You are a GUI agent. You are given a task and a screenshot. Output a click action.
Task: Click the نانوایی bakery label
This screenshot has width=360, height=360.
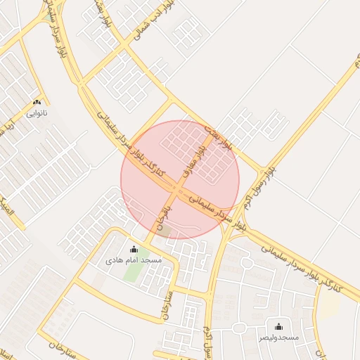pos(37,112)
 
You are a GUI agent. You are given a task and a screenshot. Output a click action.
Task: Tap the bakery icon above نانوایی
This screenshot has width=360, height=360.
pos(37,102)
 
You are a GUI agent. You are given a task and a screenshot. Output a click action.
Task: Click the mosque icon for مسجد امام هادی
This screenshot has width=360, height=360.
pos(134,249)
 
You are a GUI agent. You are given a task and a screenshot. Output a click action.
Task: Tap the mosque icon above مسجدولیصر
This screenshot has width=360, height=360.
pos(278,326)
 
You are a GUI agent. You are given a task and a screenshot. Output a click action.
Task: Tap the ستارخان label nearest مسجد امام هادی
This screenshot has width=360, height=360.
pos(167,303)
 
